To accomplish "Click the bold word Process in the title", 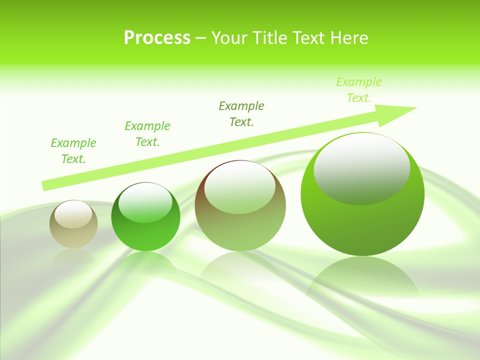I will (157, 38).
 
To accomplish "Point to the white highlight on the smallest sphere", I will (73, 214).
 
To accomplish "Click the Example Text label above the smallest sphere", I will (73, 151).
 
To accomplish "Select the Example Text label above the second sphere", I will (147, 134).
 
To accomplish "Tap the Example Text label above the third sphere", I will (241, 114).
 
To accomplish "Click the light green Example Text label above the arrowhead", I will (359, 90).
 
